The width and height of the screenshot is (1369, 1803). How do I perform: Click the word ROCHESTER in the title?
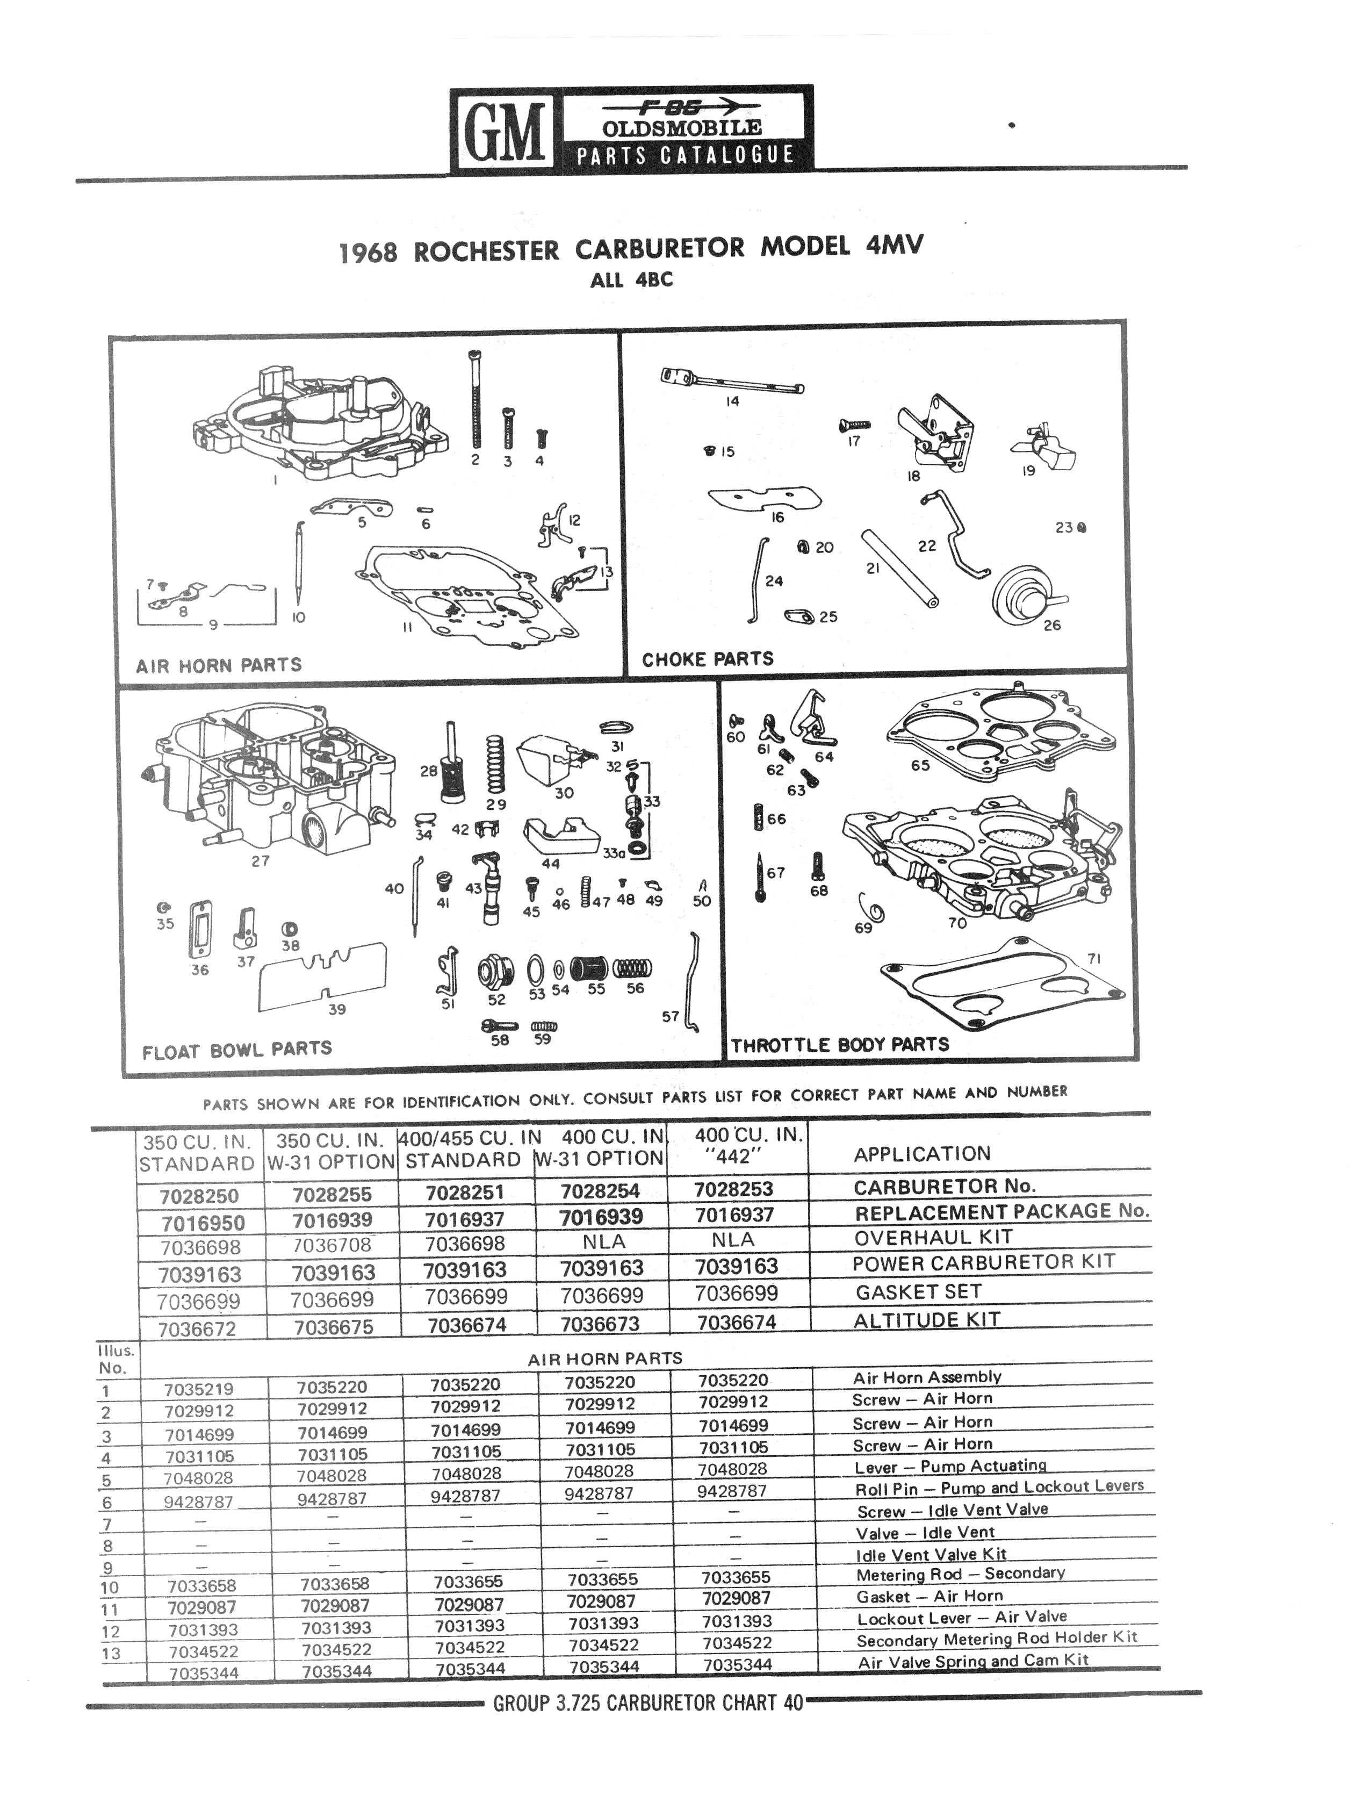tap(486, 251)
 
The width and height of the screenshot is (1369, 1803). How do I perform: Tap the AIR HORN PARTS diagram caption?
tap(218, 665)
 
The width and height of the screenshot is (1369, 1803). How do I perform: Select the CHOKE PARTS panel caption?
tap(707, 659)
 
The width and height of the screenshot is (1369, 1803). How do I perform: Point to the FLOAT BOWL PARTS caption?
tap(236, 1050)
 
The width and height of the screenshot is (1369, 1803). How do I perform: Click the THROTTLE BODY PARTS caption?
tap(839, 1045)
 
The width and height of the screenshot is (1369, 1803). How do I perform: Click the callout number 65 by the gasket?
tap(920, 765)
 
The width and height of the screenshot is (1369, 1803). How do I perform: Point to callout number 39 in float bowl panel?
tap(336, 1009)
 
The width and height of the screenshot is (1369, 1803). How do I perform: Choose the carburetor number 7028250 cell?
tap(199, 1196)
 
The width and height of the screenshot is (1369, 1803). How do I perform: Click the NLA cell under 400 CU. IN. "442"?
tap(732, 1240)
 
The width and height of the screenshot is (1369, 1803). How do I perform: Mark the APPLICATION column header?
tap(921, 1153)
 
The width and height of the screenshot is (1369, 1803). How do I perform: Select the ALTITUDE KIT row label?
tap(926, 1320)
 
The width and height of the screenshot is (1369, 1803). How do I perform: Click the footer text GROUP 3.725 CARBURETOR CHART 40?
tap(648, 1702)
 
